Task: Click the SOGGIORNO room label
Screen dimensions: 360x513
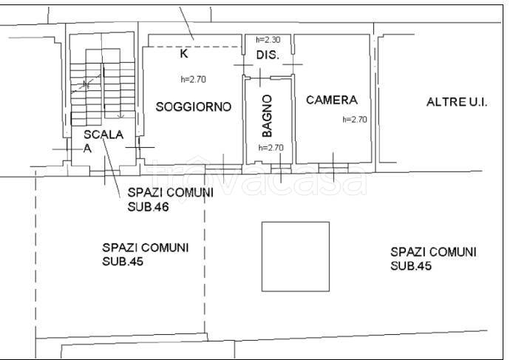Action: click(x=194, y=107)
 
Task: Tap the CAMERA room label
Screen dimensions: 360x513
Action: click(x=332, y=100)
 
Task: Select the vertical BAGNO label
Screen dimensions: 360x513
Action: click(x=267, y=117)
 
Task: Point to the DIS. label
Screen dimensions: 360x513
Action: click(x=267, y=56)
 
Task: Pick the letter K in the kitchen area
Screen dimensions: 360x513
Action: click(x=184, y=53)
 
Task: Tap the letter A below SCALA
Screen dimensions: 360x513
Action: click(x=86, y=148)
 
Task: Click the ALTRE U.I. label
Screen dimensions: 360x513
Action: click(x=457, y=102)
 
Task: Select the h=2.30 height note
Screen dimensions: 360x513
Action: click(x=268, y=40)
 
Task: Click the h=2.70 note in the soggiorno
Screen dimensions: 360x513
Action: click(x=193, y=79)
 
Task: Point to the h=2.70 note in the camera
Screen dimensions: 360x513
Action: click(x=354, y=119)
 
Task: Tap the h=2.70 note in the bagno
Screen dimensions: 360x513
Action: click(x=271, y=147)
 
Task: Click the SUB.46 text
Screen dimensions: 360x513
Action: click(x=149, y=207)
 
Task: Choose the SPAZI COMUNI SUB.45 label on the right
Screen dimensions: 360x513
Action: click(x=433, y=258)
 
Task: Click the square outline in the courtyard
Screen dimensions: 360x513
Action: click(x=295, y=256)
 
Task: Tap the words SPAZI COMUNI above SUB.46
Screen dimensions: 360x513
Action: click(x=170, y=193)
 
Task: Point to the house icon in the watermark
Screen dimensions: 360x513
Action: click(x=199, y=169)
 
